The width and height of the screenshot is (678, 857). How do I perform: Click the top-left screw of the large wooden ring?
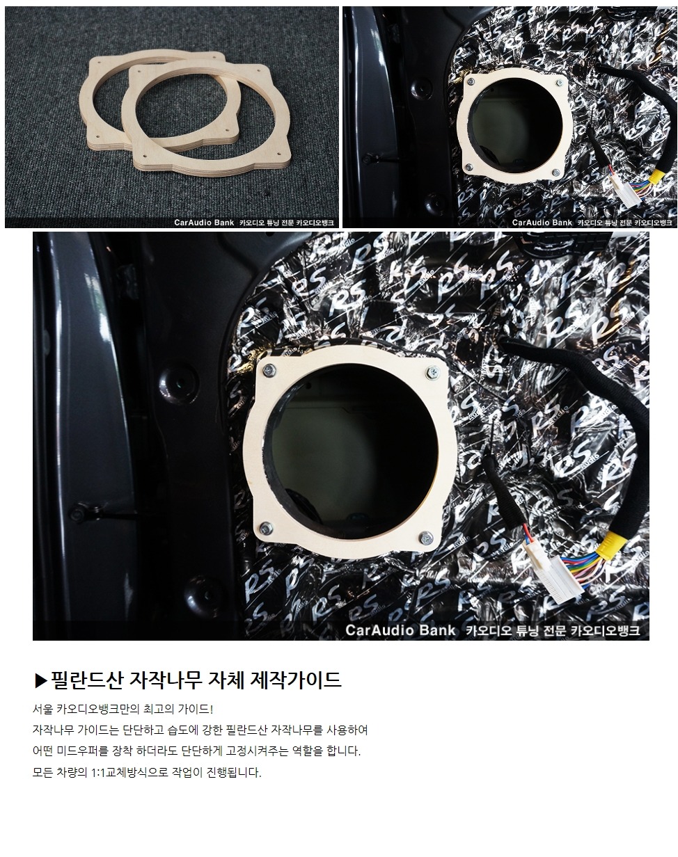coord(269,370)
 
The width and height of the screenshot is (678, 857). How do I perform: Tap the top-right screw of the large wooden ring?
coord(433,373)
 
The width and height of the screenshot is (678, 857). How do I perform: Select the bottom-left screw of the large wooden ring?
coord(265,529)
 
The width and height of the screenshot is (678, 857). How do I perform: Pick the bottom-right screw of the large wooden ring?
coord(427,538)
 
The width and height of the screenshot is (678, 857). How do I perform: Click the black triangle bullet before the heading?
coord(41,680)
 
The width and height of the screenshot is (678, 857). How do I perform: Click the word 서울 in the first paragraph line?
coord(42,710)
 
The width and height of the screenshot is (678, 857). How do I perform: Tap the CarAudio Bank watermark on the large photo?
coord(493,630)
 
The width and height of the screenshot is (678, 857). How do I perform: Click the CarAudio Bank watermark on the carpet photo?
coord(254,223)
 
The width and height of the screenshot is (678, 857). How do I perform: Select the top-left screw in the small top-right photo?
coord(471,81)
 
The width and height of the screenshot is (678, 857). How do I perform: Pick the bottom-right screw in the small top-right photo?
coord(555,173)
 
